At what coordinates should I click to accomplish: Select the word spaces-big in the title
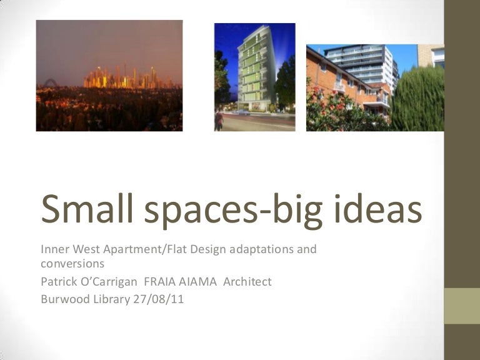coord(233,211)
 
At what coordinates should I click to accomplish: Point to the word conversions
coord(72,264)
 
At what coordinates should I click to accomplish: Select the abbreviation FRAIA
coord(159,282)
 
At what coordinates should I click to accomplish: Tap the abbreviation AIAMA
coord(197,282)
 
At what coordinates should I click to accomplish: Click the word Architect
coord(247,282)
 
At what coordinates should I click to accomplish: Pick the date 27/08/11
coord(159,299)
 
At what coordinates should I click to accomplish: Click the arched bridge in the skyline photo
coord(51,83)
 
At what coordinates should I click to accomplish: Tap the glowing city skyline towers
coord(126,77)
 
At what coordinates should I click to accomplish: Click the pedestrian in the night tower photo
coord(219,120)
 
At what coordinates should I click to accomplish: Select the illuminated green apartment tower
coord(255,68)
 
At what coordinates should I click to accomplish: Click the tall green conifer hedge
coord(418,99)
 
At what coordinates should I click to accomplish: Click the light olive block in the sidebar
coord(462,306)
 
